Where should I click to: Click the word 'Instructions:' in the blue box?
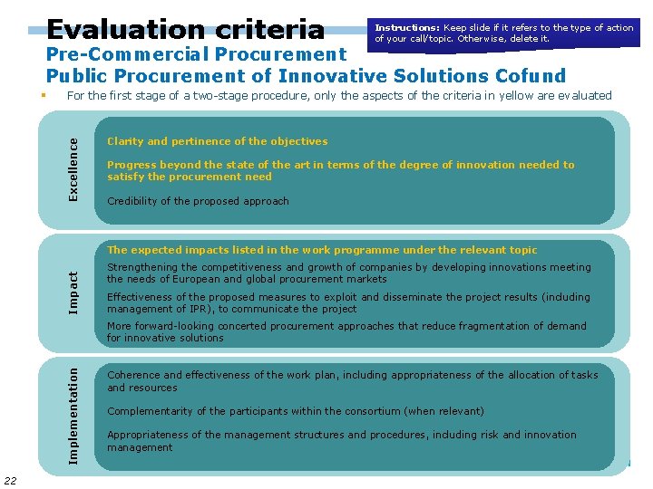click(x=407, y=28)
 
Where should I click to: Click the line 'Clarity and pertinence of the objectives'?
click(x=218, y=141)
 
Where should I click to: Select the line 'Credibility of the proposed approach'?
click(x=198, y=201)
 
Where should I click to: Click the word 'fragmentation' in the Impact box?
click(x=487, y=326)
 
